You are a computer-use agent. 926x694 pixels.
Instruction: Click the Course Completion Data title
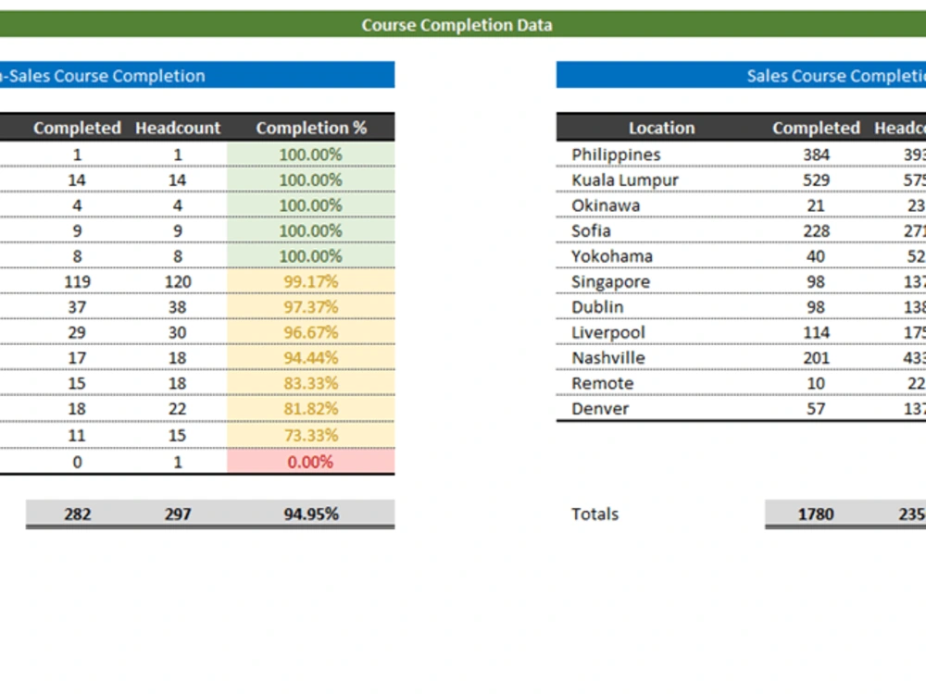pyautogui.click(x=457, y=25)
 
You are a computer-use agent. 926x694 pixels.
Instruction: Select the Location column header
pyautogui.click(x=661, y=128)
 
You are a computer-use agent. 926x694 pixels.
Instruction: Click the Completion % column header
pyautogui.click(x=311, y=128)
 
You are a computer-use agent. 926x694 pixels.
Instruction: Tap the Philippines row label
pyautogui.click(x=616, y=155)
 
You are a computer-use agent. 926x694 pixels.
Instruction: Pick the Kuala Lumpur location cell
pyautogui.click(x=625, y=180)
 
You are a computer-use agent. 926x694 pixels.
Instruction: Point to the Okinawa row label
pyautogui.click(x=606, y=205)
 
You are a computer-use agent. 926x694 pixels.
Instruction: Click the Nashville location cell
pyautogui.click(x=608, y=358)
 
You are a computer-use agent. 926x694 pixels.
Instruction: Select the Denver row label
pyautogui.click(x=600, y=409)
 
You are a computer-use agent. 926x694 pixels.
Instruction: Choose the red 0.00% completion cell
pyautogui.click(x=310, y=462)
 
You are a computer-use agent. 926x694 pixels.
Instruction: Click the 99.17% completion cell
pyautogui.click(x=310, y=281)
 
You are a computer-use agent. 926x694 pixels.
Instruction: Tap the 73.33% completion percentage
pyautogui.click(x=310, y=435)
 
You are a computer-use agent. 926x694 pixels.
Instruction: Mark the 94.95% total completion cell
pyautogui.click(x=311, y=514)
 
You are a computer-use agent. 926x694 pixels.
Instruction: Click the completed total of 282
pyautogui.click(x=77, y=514)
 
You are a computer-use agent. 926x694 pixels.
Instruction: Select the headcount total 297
pyautogui.click(x=178, y=514)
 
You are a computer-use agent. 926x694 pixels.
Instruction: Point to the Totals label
pyautogui.click(x=594, y=514)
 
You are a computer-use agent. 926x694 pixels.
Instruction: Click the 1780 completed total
pyautogui.click(x=816, y=514)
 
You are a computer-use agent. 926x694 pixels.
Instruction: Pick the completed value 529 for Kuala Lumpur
pyautogui.click(x=816, y=180)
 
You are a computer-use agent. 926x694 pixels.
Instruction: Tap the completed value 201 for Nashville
pyautogui.click(x=816, y=358)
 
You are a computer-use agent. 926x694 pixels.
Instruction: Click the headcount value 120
pyautogui.click(x=178, y=281)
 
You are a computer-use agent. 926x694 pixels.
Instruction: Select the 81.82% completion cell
pyautogui.click(x=310, y=409)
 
